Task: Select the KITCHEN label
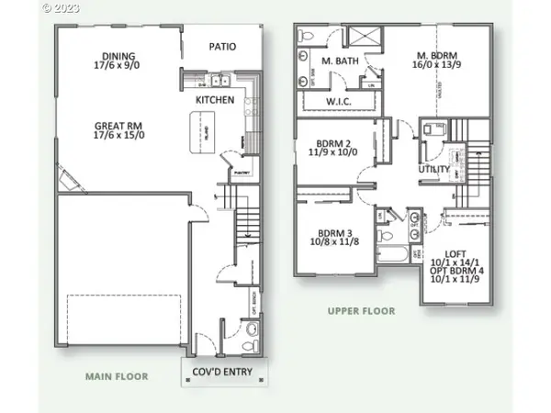pyautogui.click(x=215, y=99)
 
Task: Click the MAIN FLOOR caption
pyautogui.click(x=117, y=376)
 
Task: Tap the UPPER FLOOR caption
pyautogui.click(x=361, y=311)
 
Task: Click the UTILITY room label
pyautogui.click(x=433, y=170)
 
